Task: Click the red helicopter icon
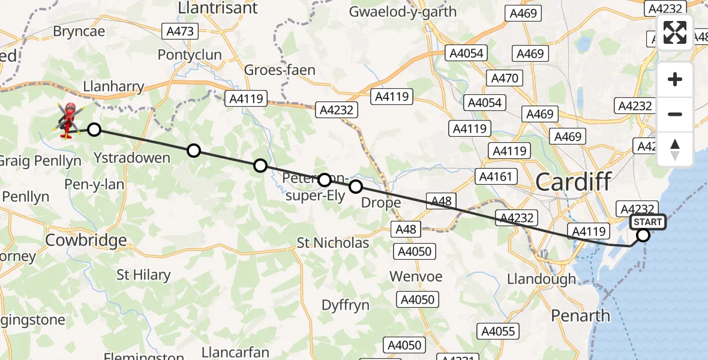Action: pos(68,119)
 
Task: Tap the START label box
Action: pos(647,222)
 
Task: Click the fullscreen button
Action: pos(675,32)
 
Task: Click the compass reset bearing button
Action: pos(675,149)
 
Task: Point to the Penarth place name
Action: pos(580,316)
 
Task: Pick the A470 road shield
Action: pos(505,78)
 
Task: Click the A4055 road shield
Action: pos(497,330)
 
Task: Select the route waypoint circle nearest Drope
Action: pos(356,187)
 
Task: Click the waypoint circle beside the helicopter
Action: pos(94,129)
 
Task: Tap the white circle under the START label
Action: pos(643,236)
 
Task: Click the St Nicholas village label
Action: pos(333,243)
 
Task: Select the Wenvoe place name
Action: pos(416,277)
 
